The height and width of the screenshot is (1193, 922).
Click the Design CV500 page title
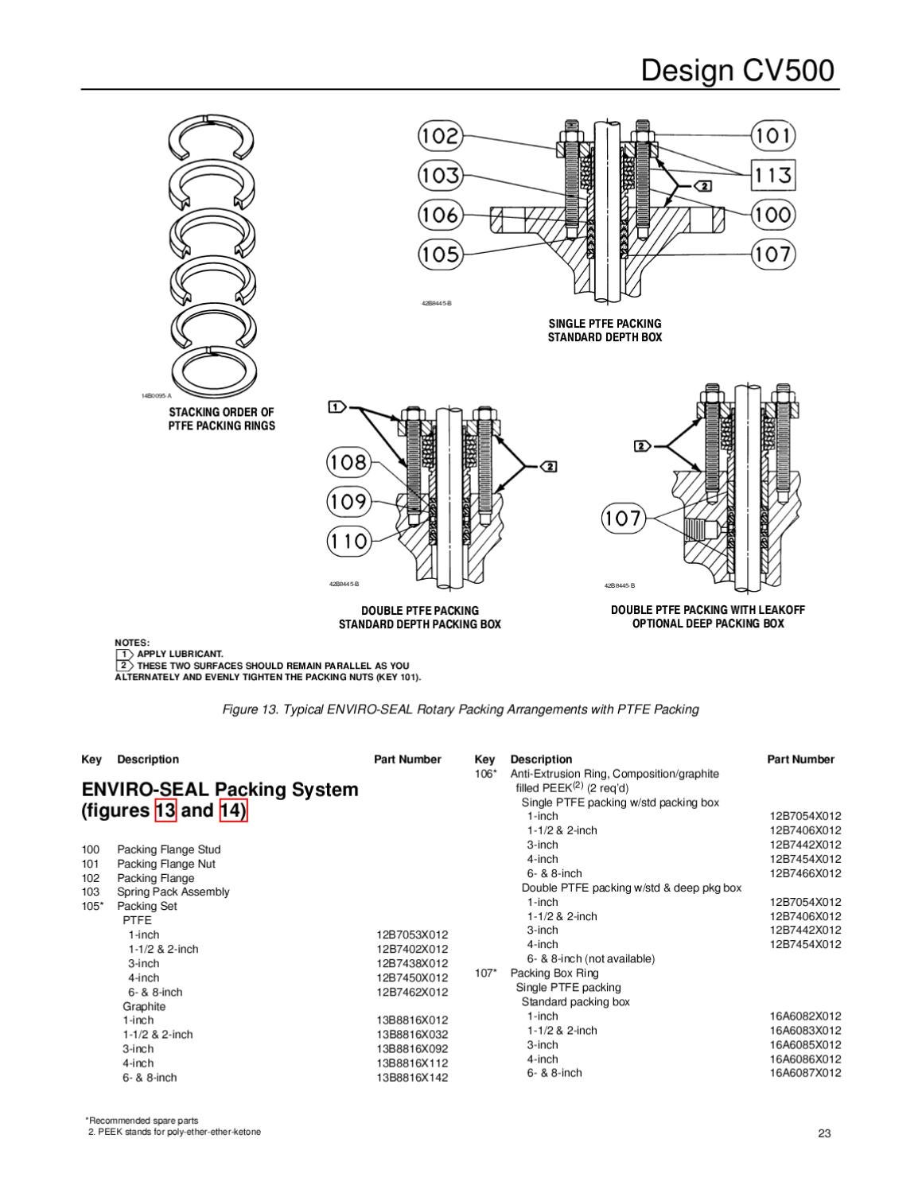(x=737, y=71)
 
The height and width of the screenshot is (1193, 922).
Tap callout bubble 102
(x=440, y=135)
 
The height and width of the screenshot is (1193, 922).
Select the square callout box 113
(x=772, y=174)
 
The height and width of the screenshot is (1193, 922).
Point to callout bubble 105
(x=440, y=255)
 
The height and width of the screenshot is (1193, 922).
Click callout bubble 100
(x=773, y=214)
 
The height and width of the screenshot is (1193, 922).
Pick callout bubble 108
(x=348, y=462)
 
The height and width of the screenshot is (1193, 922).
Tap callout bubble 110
(x=348, y=542)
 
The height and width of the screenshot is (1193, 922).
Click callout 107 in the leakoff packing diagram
(x=623, y=519)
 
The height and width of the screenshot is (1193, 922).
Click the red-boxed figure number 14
(x=233, y=810)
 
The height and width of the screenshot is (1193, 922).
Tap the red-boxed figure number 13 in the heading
(x=165, y=810)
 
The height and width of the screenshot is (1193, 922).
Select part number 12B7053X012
(x=411, y=935)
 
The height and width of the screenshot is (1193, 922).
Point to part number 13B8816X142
(x=411, y=1078)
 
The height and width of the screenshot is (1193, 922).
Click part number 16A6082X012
(x=804, y=1016)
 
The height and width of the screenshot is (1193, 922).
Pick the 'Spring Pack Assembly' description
(x=173, y=892)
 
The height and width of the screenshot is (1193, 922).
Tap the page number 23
(x=824, y=1133)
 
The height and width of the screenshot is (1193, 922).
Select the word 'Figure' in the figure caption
(x=241, y=709)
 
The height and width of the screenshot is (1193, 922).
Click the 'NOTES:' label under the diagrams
(x=132, y=643)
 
